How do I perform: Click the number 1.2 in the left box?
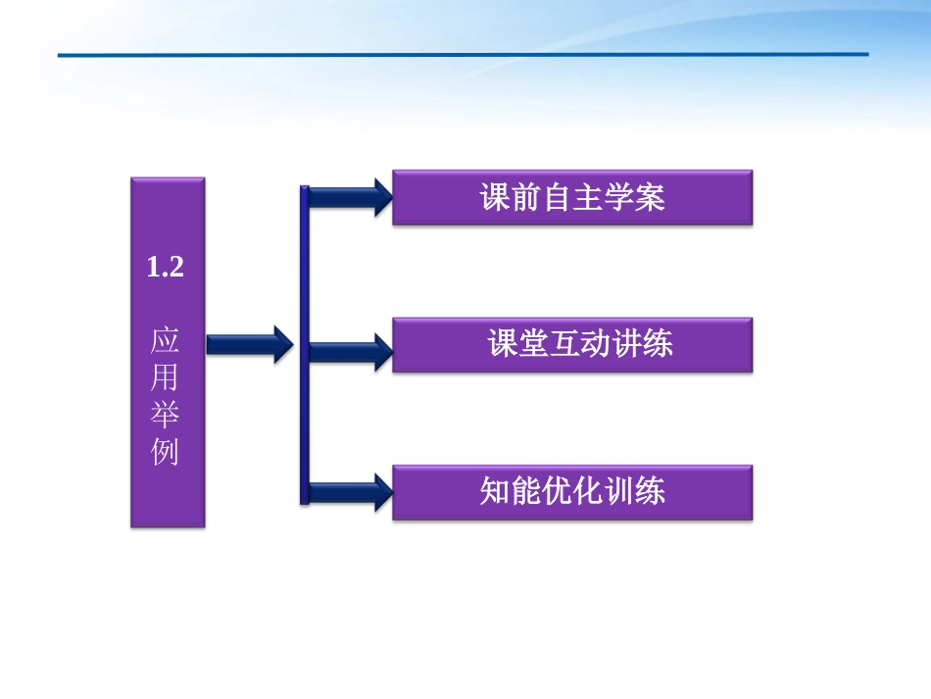coord(166,267)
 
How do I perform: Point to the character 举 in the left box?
coord(166,415)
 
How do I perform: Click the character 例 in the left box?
coord(166,452)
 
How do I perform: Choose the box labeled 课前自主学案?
coord(572,198)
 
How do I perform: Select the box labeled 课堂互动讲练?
coord(572,344)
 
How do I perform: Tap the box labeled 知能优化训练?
coord(572,491)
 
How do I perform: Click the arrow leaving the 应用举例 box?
coord(249,344)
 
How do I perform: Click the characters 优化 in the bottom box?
coord(572,491)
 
